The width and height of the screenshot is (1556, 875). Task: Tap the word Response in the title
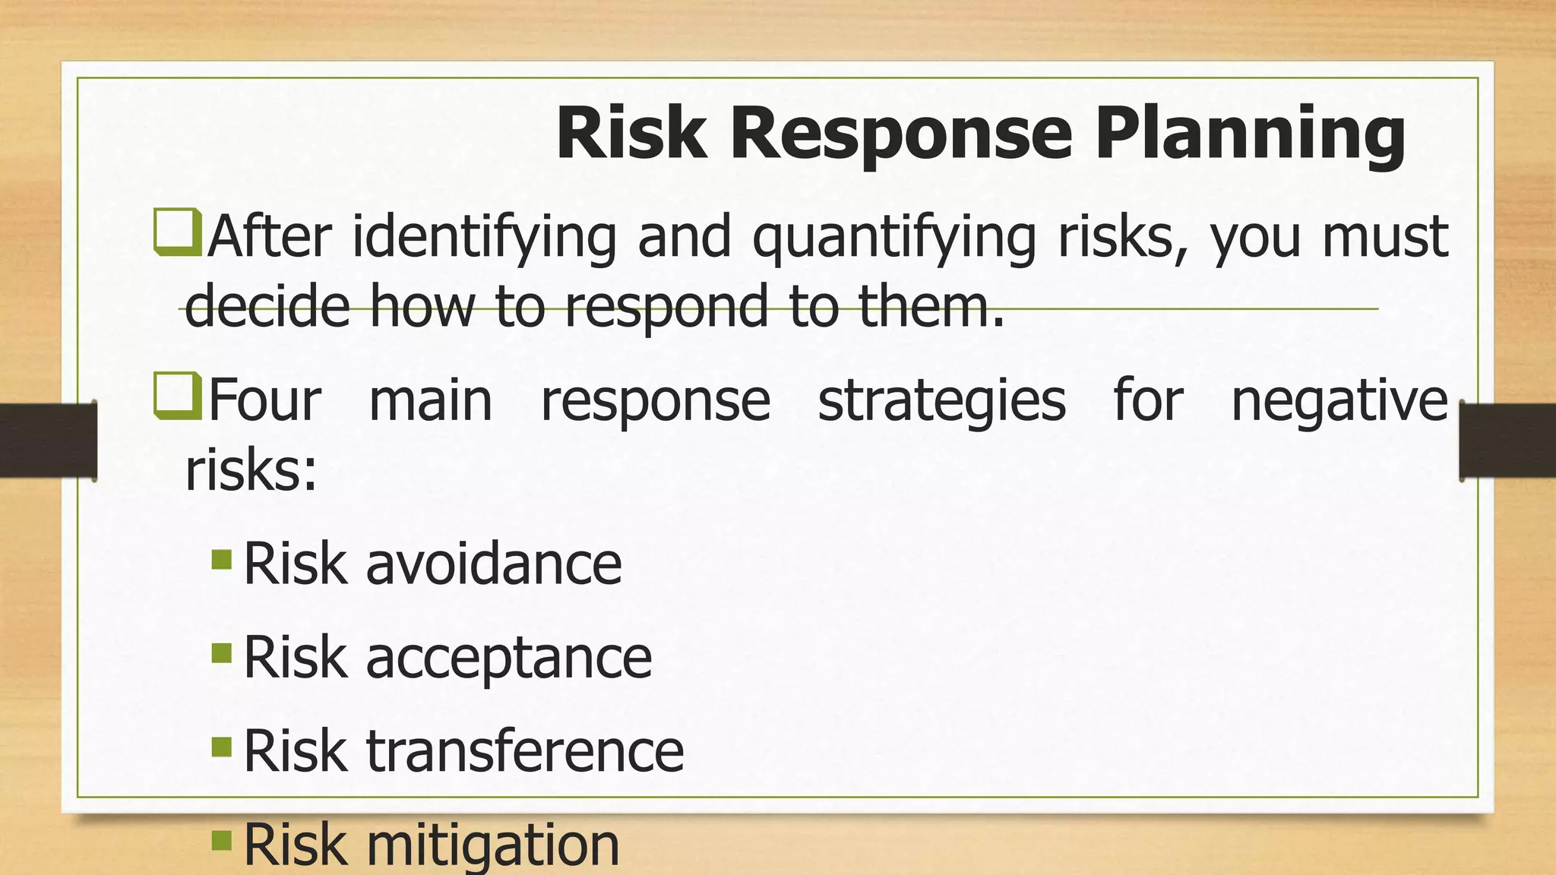coord(901,134)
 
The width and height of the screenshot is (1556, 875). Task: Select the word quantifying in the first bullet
coord(893,237)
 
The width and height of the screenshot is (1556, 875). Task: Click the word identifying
coord(484,237)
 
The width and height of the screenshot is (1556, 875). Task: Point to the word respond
coord(666,306)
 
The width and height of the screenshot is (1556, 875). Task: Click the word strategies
coord(941,400)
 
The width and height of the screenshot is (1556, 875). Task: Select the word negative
coord(1339,400)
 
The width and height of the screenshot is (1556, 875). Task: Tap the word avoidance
coord(493,564)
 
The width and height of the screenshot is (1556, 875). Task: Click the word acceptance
coord(508,658)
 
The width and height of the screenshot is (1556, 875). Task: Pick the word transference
coord(525,751)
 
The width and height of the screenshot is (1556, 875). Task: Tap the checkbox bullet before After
coord(177,232)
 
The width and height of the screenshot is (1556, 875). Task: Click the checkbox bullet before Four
coord(177,396)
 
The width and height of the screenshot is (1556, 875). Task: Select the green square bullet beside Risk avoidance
coord(221,560)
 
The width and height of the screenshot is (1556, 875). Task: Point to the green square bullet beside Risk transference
coord(221,747)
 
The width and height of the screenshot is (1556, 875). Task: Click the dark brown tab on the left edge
coord(48,441)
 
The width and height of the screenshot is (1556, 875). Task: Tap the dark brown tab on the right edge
coord(1507,441)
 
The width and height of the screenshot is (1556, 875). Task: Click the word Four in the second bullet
coord(264,400)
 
